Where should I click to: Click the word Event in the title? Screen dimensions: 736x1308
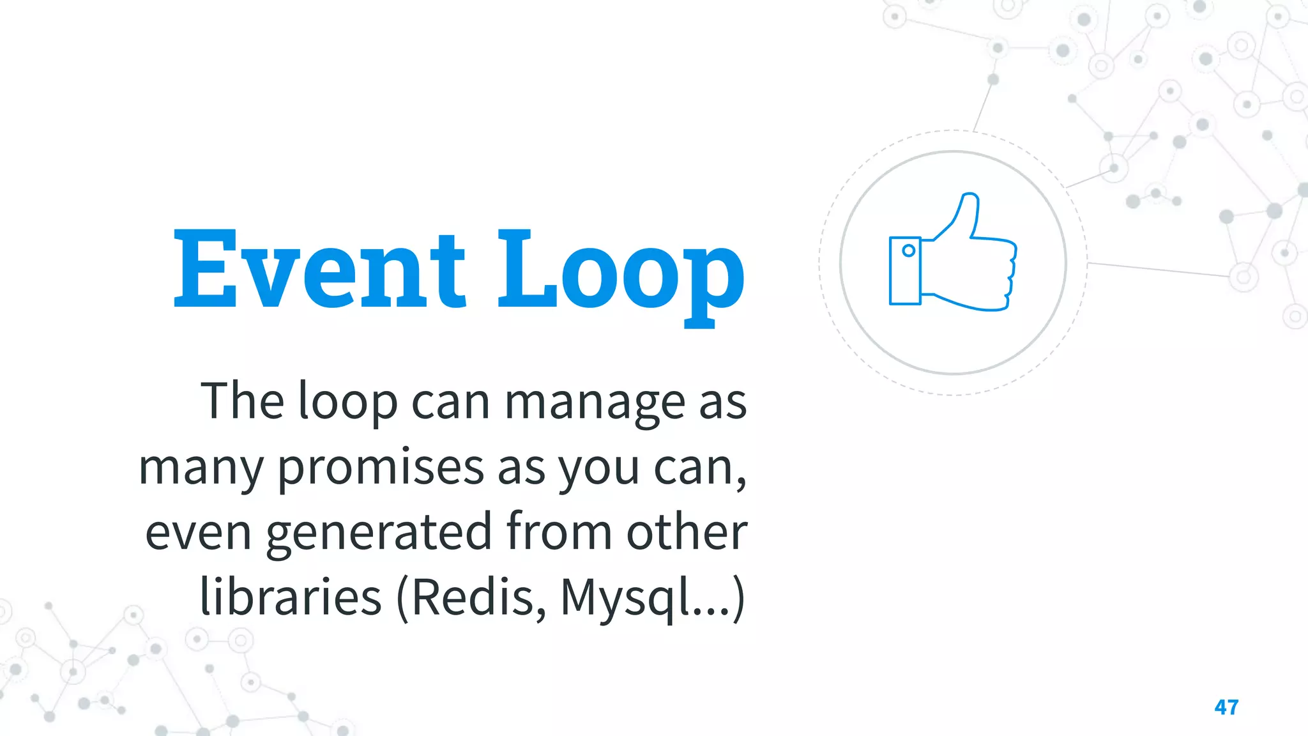(x=319, y=270)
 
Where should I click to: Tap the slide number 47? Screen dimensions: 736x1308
(x=1226, y=707)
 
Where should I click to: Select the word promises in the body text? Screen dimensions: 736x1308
(x=381, y=468)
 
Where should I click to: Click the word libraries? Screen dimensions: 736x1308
(x=291, y=597)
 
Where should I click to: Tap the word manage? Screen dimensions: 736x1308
(x=595, y=402)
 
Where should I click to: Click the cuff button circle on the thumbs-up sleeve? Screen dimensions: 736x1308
(x=908, y=251)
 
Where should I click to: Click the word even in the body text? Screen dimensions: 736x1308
(x=198, y=534)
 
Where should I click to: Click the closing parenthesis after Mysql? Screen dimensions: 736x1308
(x=738, y=598)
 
